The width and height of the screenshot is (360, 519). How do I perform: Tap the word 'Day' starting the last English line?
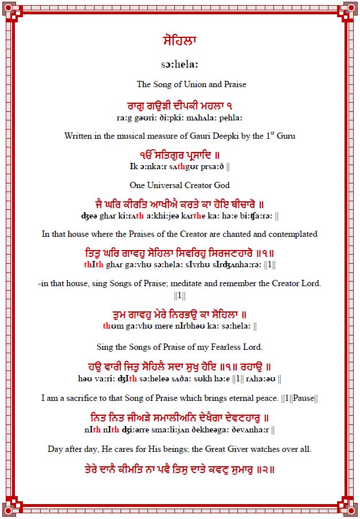click(55, 449)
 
